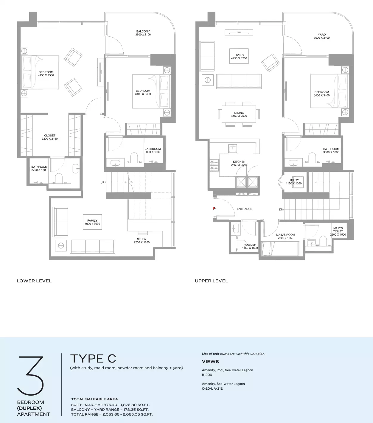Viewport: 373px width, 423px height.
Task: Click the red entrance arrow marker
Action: pos(214,208)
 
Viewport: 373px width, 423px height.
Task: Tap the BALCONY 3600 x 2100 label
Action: pos(143,33)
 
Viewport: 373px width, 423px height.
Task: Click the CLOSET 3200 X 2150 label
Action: pos(50,137)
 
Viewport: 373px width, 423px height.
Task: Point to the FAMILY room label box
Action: pos(92,222)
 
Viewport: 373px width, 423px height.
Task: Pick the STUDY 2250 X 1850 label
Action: pos(142,240)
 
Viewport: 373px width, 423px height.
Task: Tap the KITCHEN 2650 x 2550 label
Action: pos(239,163)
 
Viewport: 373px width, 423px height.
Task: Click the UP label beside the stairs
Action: pos(102,182)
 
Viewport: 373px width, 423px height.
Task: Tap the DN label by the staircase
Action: pos(281,209)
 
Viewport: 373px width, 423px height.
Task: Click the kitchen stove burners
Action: pos(215,165)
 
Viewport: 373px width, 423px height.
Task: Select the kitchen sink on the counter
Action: pos(232,148)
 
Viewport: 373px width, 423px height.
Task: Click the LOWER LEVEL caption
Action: pos(34,281)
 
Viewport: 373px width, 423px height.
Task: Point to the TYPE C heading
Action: pos(93,358)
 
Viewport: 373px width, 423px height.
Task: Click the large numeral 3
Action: pos(30,376)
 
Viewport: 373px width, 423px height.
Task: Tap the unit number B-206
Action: pos(207,375)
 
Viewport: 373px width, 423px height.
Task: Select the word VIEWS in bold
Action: pos(210,361)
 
